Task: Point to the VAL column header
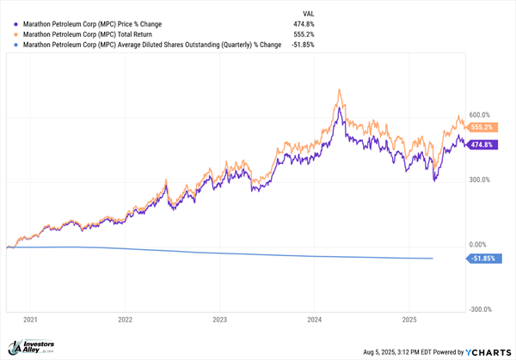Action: click(299, 13)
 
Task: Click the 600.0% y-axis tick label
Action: click(479, 115)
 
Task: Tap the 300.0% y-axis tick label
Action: click(479, 180)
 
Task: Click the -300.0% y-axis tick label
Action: click(478, 309)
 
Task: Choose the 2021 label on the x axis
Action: click(30, 320)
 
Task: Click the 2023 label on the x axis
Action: click(219, 320)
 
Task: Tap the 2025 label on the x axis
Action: click(409, 320)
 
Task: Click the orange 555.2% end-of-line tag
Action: click(479, 126)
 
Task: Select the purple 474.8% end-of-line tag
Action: click(479, 144)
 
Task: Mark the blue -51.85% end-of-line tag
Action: click(480, 258)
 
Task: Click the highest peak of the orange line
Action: click(340, 88)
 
